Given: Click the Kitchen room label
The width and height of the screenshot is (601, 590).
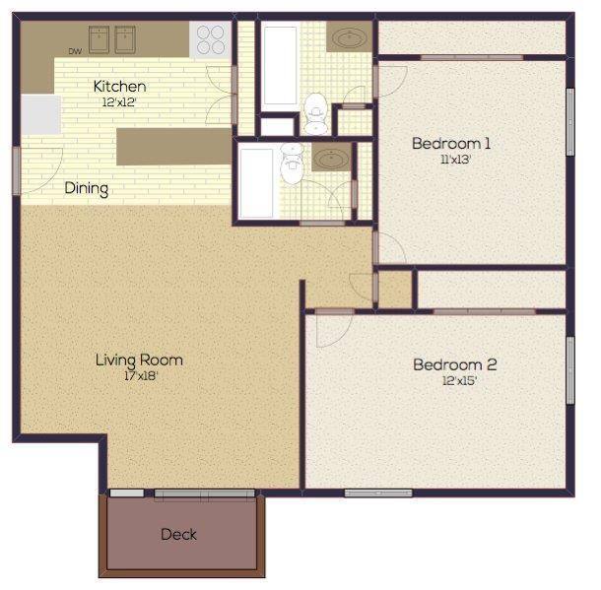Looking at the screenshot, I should (119, 87).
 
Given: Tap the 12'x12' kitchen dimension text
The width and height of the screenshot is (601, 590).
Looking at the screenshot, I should (119, 101).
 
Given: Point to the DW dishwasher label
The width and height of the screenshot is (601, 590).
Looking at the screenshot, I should (75, 51).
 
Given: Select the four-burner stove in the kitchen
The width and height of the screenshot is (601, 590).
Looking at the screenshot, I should (211, 39).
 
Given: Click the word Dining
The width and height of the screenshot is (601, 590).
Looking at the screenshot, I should (87, 188).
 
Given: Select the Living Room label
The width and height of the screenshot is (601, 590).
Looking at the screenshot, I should (139, 360).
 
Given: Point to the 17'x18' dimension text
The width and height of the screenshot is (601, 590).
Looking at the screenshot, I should (139, 375).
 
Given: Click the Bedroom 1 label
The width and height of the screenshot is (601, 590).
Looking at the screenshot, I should (451, 144).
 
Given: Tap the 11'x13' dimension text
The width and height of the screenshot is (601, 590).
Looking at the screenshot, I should (451, 160).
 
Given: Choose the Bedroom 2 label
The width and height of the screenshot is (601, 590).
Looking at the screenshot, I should (454, 365).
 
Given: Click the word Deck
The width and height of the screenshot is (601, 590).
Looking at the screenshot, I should (178, 535).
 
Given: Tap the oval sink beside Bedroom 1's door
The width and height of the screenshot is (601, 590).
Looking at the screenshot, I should (349, 38).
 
